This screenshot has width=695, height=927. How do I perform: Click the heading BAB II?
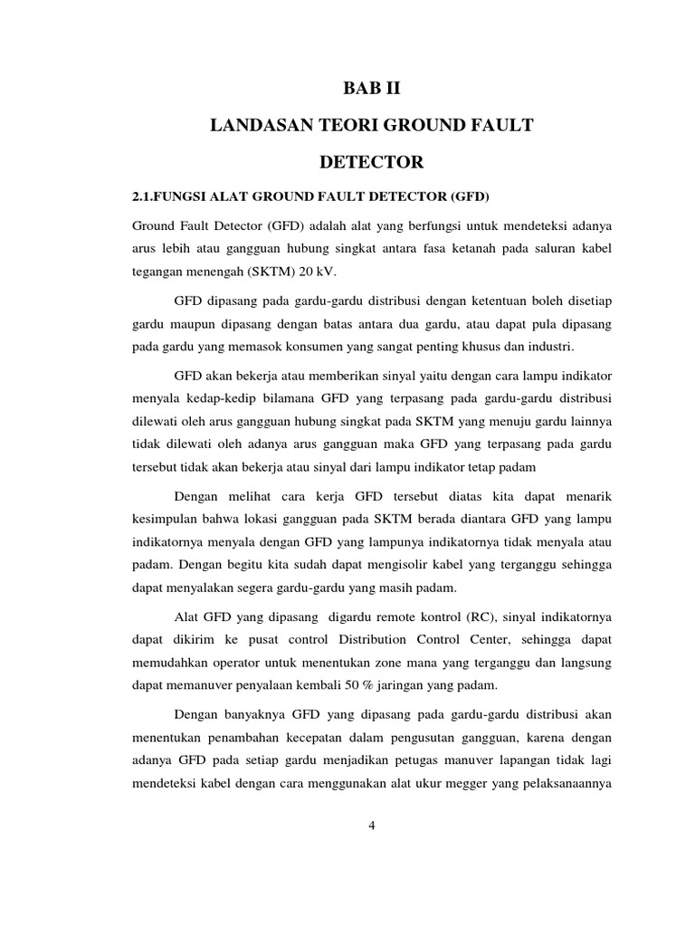[x=371, y=89]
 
